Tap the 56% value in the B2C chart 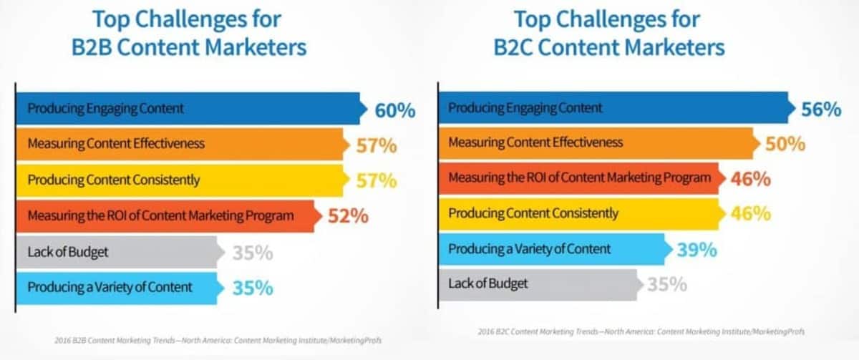tap(820, 110)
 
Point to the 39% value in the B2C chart tap(697, 249)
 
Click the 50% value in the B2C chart tap(785, 144)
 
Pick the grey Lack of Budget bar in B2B tap(118, 252)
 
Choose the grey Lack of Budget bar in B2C tap(540, 284)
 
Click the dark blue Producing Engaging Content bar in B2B tap(186, 109)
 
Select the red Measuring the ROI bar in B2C tap(579, 178)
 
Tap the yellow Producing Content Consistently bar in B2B tap(179, 180)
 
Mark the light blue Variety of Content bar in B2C tap(555, 249)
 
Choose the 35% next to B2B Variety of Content tap(253, 288)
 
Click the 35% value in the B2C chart tap(667, 284)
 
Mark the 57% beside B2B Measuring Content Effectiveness tap(376, 145)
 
